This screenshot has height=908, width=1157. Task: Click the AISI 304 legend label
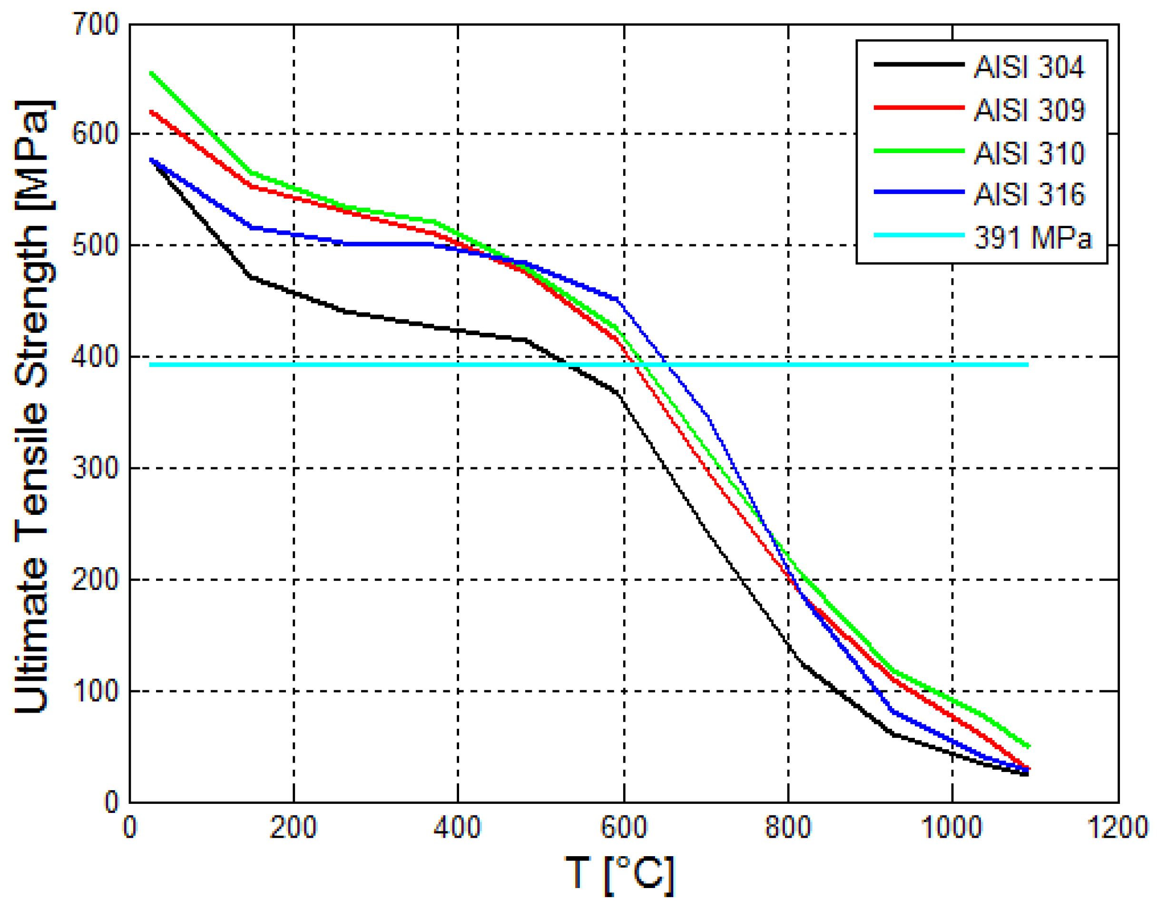(x=1028, y=68)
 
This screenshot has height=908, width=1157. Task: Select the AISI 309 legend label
(x=1028, y=111)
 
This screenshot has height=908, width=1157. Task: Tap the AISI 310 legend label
(x=1028, y=154)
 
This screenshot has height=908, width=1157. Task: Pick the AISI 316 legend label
(x=1028, y=194)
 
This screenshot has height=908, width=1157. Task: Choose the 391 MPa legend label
(x=1032, y=238)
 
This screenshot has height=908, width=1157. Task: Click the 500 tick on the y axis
(x=96, y=246)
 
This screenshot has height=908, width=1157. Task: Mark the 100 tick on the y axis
(x=96, y=691)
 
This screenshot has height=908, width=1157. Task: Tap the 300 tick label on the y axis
(x=96, y=468)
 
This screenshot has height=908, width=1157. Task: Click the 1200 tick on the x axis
(x=1118, y=828)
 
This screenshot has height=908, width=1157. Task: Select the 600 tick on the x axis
(x=623, y=828)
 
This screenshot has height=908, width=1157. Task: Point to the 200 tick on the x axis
(x=293, y=828)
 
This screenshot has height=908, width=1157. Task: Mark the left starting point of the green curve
(x=151, y=73)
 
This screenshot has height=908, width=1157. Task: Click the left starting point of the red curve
(x=151, y=112)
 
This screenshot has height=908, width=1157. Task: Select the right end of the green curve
(x=1028, y=747)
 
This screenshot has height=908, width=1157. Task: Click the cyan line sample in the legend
(x=919, y=235)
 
